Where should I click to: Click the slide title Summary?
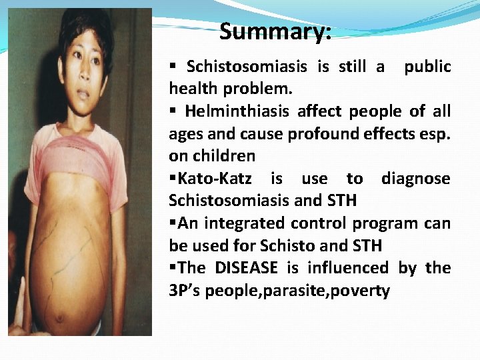(275, 31)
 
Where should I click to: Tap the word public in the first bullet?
(427, 67)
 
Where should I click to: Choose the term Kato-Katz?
(221, 179)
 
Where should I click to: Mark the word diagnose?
(415, 179)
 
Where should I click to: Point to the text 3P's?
(185, 291)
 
